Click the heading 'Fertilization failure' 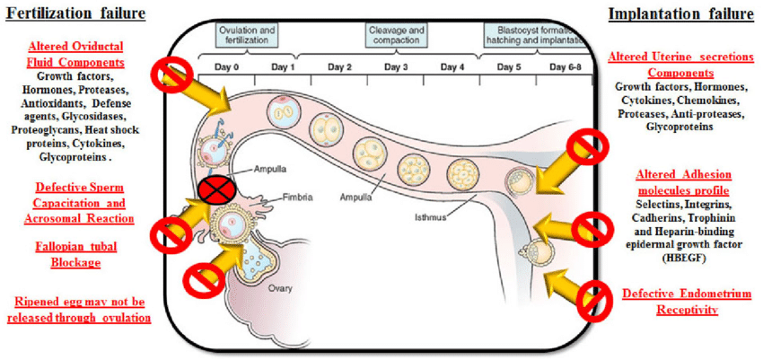click(x=76, y=12)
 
